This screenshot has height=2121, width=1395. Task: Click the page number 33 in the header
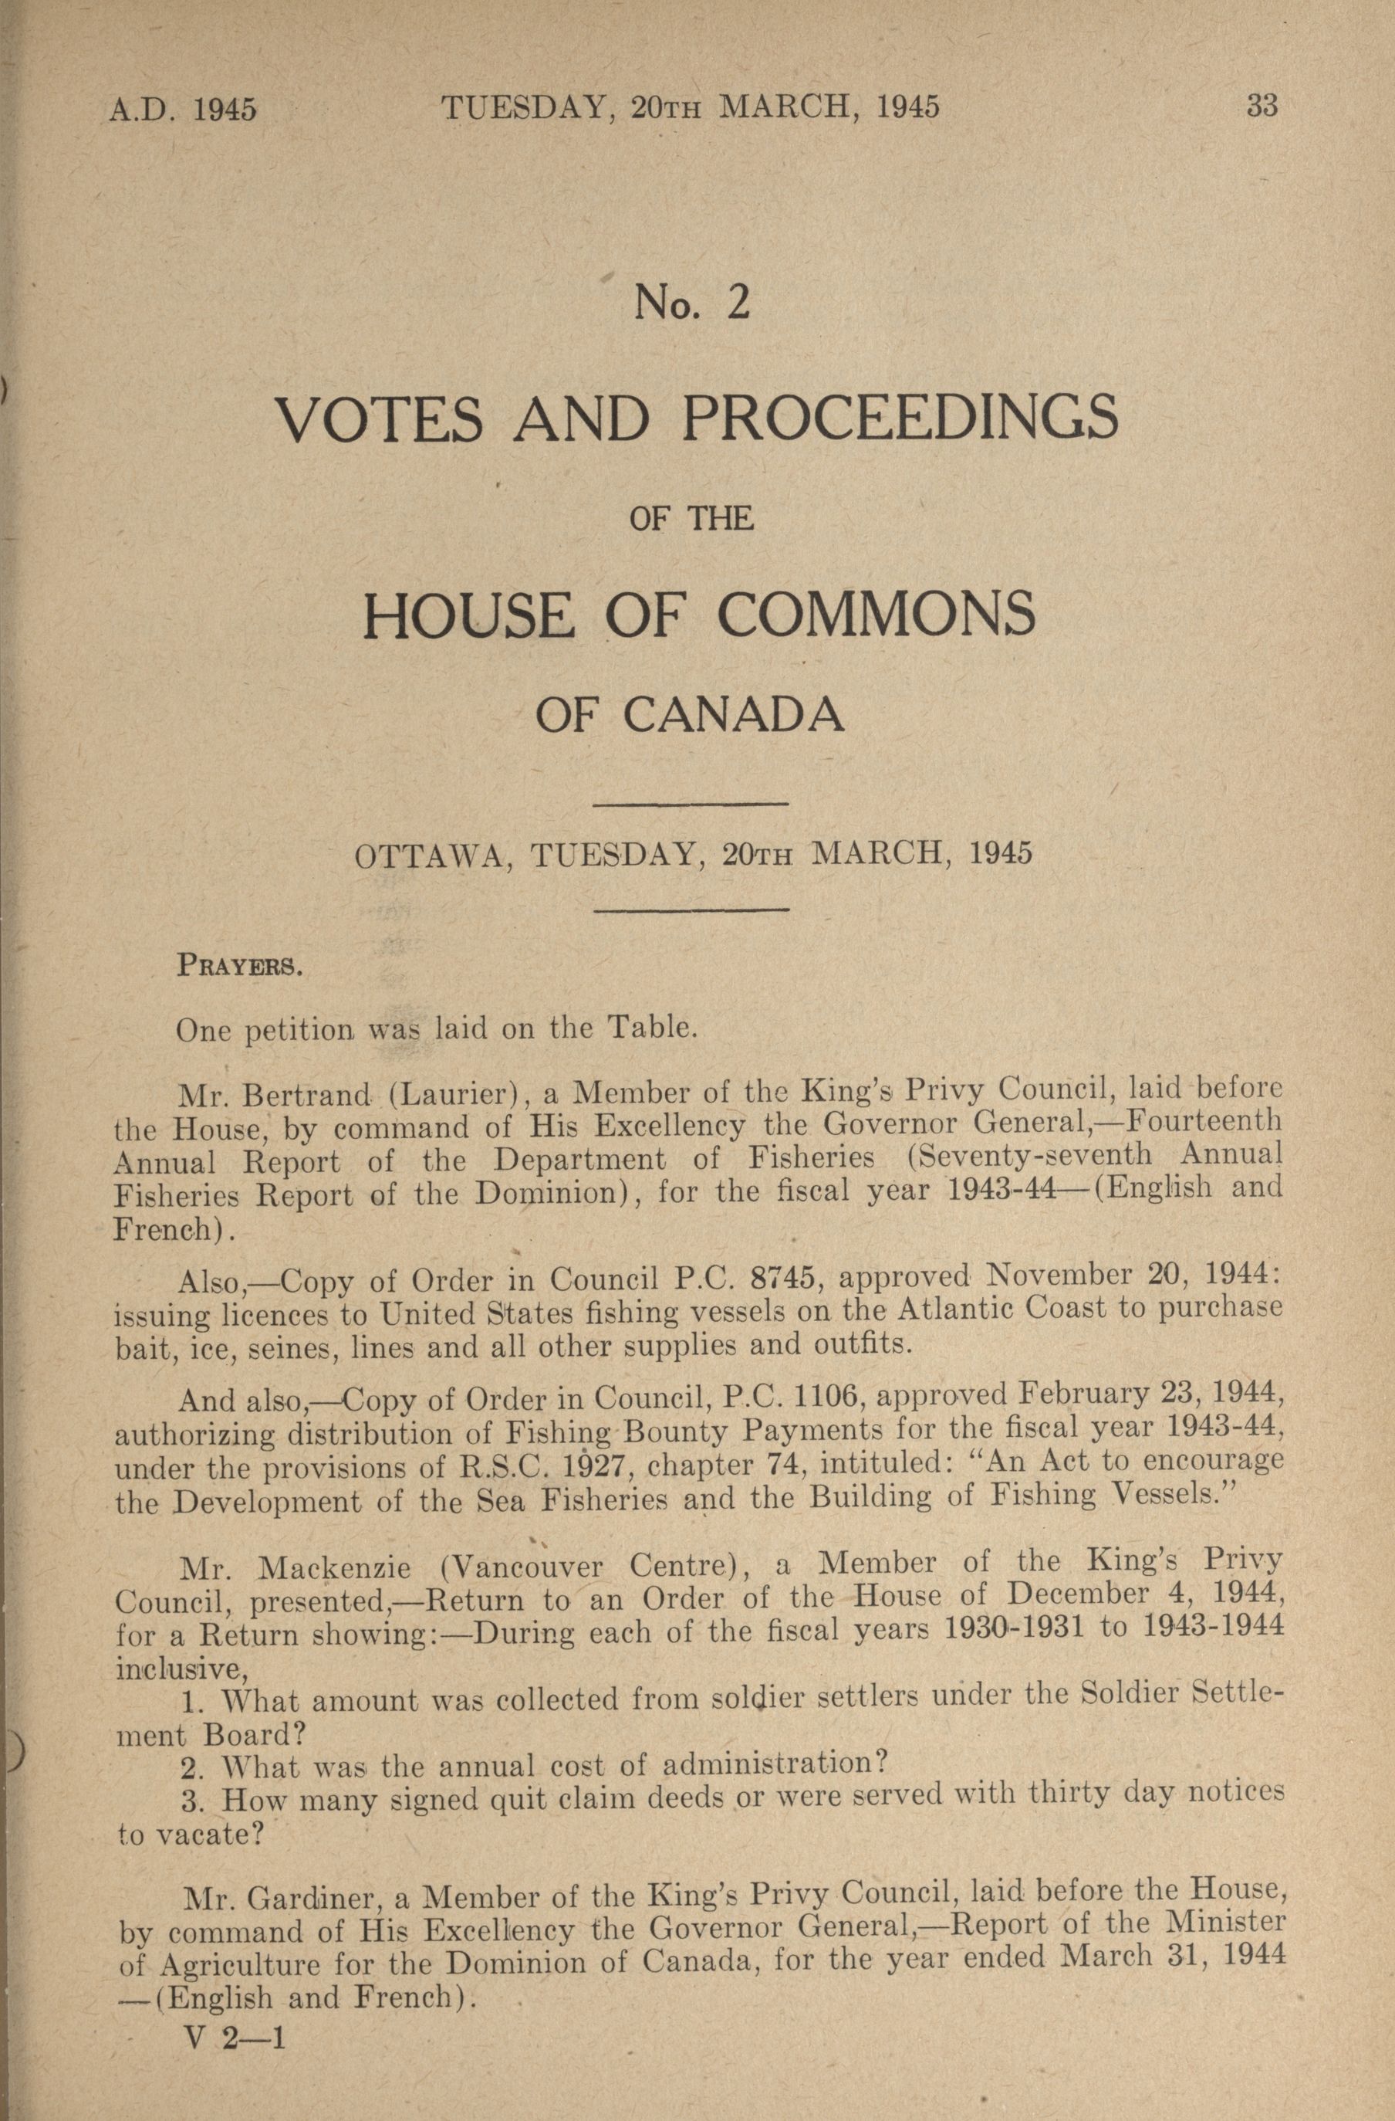1262,107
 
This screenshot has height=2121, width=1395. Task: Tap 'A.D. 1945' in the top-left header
183,110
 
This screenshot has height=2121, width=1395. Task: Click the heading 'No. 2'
693,304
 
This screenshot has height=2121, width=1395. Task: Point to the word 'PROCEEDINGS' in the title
900,418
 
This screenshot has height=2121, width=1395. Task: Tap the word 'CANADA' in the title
732,717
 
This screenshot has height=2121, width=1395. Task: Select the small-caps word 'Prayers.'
242,966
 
